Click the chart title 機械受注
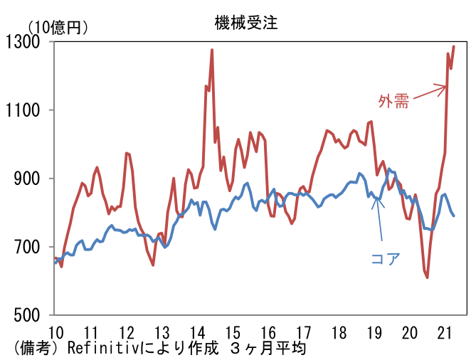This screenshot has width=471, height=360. (245, 22)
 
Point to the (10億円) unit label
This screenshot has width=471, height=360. (58, 27)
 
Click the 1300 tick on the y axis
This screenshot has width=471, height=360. (33, 42)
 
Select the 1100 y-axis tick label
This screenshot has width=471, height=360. (33, 110)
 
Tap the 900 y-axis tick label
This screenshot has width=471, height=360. (36, 179)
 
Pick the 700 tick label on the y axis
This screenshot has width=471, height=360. (36, 247)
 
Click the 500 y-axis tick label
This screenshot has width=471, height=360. (36, 315)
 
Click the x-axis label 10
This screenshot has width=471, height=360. (55, 332)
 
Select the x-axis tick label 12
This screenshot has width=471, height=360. (127, 332)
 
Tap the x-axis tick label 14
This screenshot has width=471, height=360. (197, 332)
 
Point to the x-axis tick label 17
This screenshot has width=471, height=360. (304, 332)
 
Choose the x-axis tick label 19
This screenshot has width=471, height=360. (374, 332)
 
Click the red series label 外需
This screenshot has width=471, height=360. (393, 101)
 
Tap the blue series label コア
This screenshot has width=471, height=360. (386, 258)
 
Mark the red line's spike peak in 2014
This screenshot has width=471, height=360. (212, 50)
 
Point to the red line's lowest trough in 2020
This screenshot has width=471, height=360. (428, 277)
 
